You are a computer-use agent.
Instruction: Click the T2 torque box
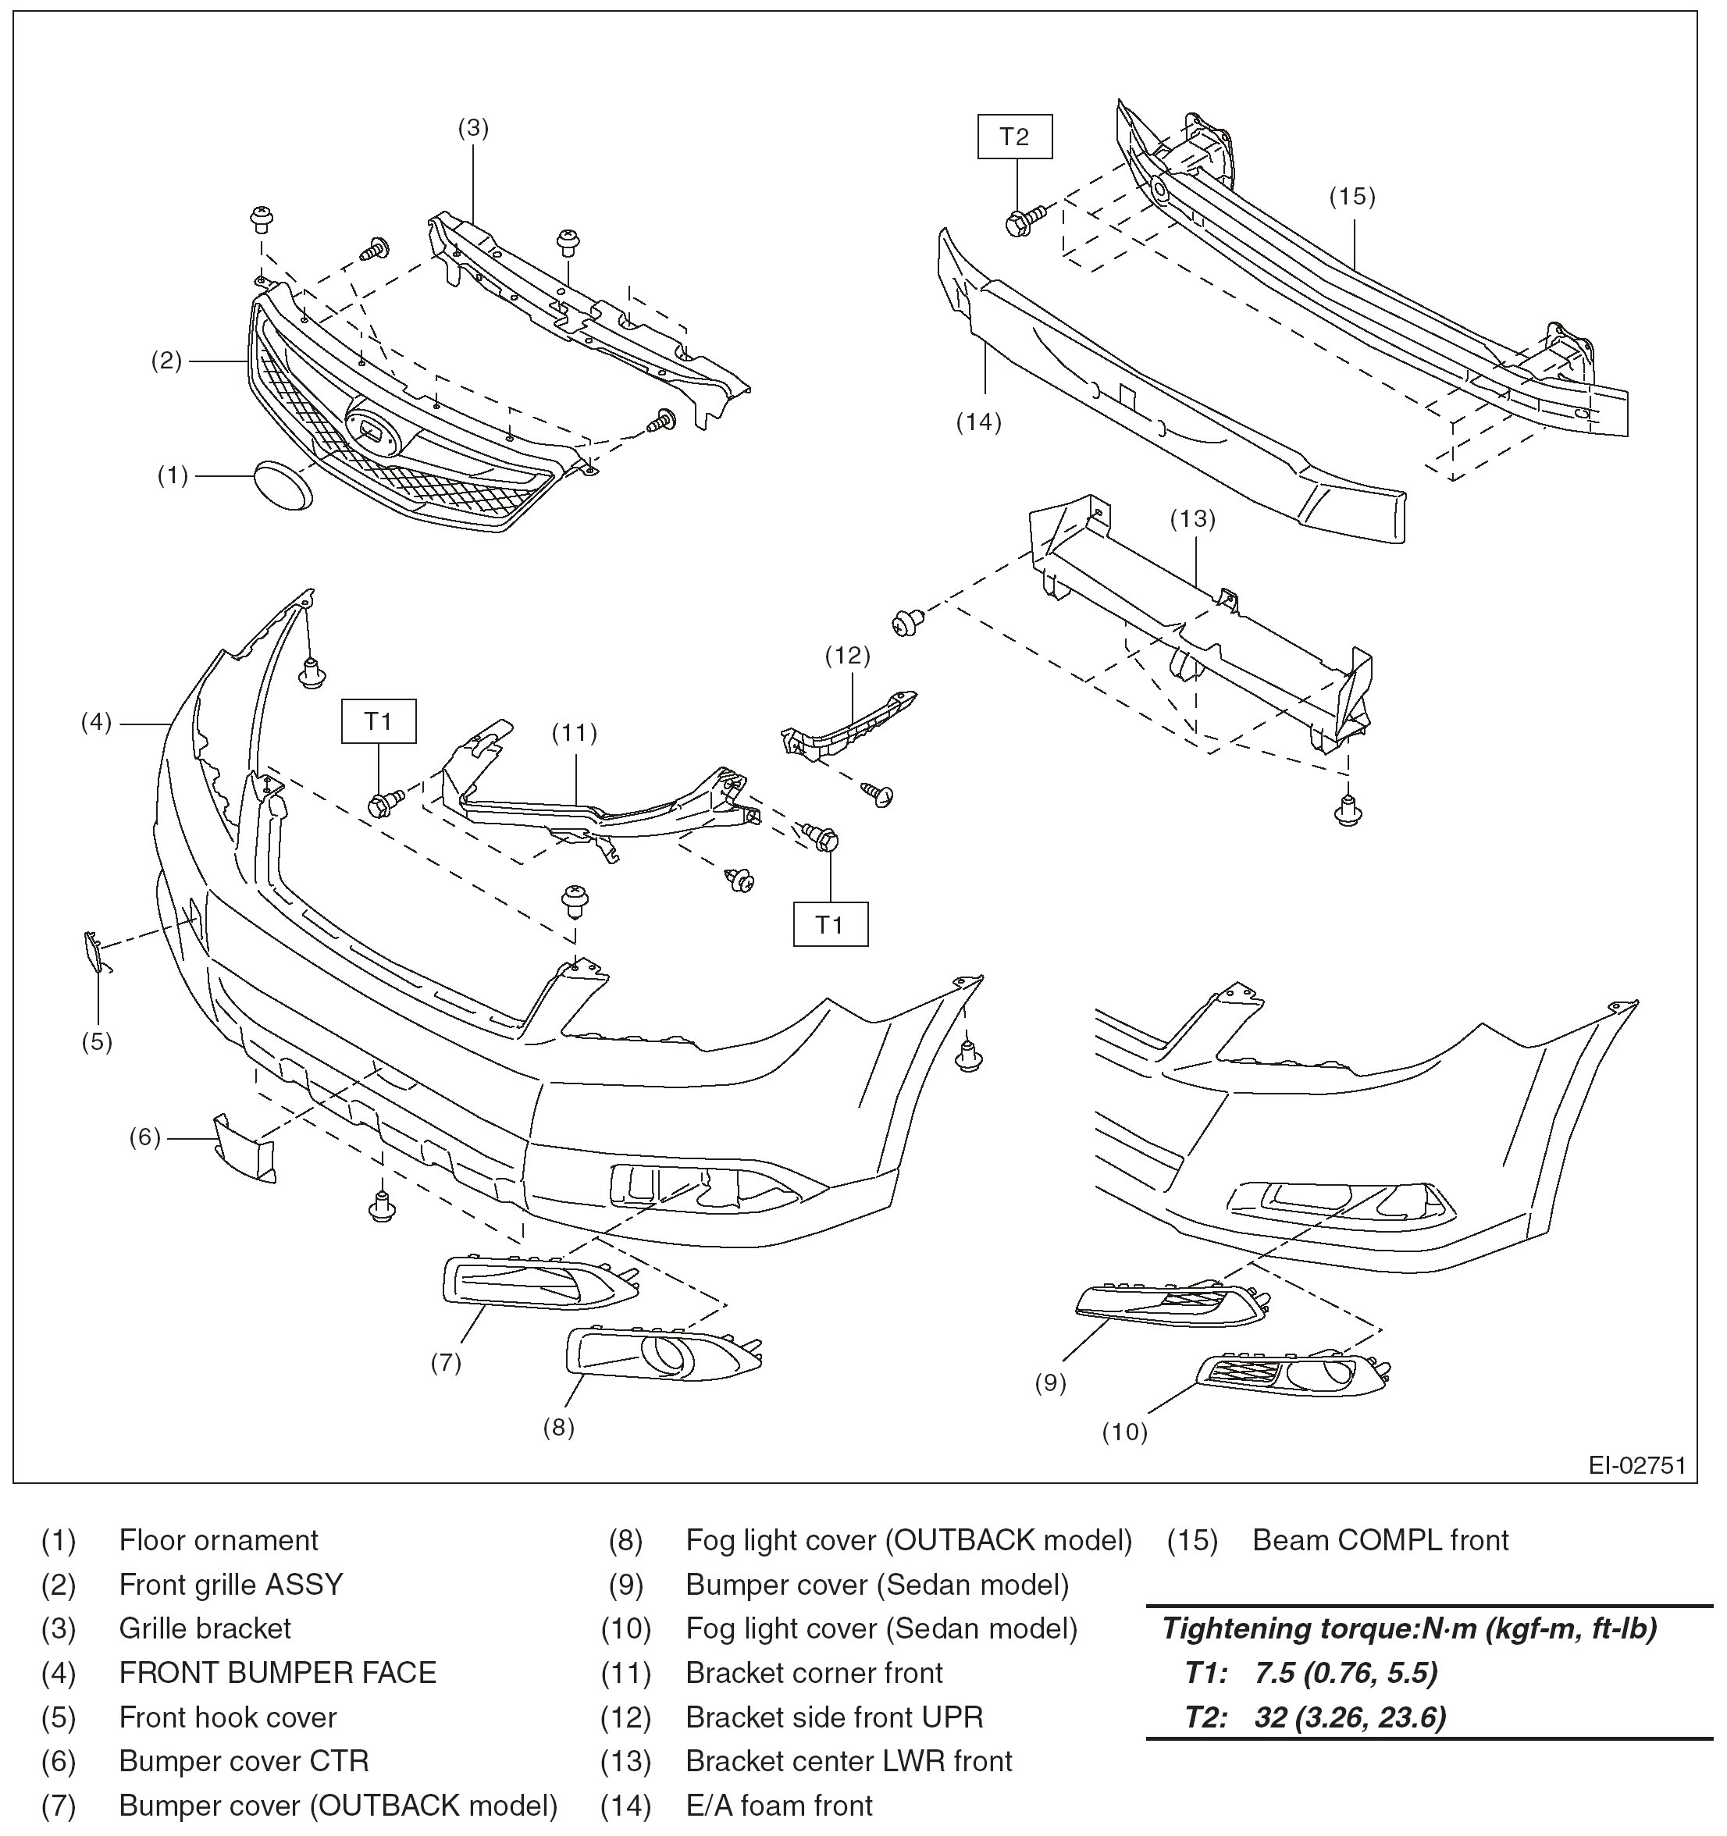point(1014,137)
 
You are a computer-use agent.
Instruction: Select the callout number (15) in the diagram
point(1352,197)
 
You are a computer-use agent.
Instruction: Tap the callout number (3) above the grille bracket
point(473,128)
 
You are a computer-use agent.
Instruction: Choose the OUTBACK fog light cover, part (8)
point(662,1354)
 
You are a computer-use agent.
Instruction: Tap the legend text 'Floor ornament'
point(218,1540)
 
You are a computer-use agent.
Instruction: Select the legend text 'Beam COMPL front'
point(1380,1540)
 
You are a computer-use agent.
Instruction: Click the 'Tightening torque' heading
point(1409,1628)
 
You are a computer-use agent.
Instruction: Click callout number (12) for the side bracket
point(847,656)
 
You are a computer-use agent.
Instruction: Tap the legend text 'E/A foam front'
point(778,1806)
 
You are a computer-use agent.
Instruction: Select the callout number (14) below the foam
point(978,422)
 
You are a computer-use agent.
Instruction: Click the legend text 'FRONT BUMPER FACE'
point(277,1673)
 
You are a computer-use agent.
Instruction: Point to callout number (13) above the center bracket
point(1192,519)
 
